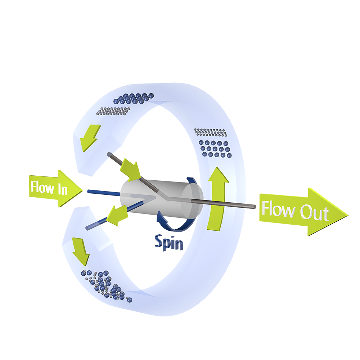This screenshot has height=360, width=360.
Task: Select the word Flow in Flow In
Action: [x=40, y=187]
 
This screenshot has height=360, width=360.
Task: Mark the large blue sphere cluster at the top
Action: [x=133, y=98]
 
